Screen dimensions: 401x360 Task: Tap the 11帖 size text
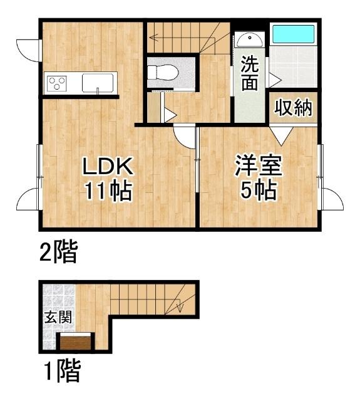click(109, 190)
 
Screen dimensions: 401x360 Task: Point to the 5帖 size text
click(258, 190)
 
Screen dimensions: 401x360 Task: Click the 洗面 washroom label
click(249, 74)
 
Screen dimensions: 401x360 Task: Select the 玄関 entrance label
click(57, 316)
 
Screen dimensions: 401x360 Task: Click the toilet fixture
click(165, 73)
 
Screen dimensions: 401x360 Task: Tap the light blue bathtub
click(291, 34)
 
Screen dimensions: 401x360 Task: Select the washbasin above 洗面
click(250, 39)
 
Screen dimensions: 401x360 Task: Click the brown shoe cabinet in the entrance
click(76, 342)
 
